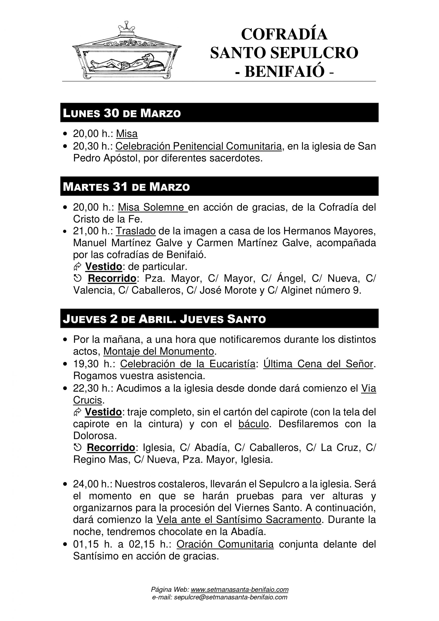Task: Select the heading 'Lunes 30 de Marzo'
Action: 122,113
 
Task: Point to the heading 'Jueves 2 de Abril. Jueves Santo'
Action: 164,319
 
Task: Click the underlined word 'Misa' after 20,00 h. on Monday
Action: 127,134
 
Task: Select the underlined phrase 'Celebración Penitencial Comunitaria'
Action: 198,146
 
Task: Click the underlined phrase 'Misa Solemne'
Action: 152,207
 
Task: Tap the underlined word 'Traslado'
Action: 136,231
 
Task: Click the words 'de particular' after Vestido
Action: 157,267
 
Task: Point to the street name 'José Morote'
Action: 231,290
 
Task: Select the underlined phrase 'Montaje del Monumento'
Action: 159,351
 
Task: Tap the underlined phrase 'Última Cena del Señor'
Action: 318,364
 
